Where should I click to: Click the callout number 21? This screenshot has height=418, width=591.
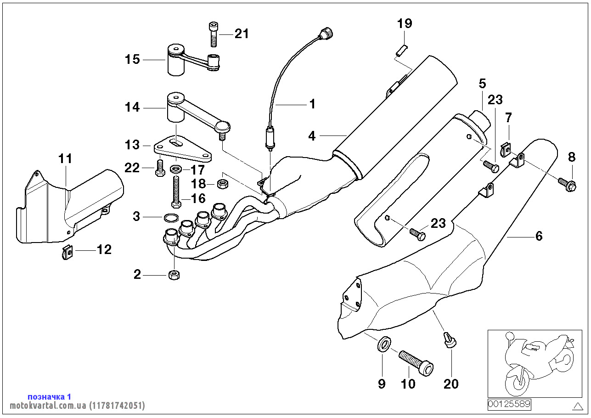coord(242,34)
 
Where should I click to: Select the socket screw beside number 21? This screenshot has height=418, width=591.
coord(213,34)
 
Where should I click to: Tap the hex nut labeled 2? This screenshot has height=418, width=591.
coord(174,275)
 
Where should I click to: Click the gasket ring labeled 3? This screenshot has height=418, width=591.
coord(170,217)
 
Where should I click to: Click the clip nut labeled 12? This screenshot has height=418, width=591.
coord(67,252)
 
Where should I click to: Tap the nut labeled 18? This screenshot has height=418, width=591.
coord(223,184)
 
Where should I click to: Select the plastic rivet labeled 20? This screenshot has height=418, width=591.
coord(450,340)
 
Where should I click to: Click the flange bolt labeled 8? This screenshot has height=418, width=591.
coord(565,185)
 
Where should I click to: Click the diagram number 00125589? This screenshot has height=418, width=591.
coord(509,404)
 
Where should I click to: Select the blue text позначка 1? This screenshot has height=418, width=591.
coord(49,396)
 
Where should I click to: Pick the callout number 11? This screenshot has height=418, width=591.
coord(65,159)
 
